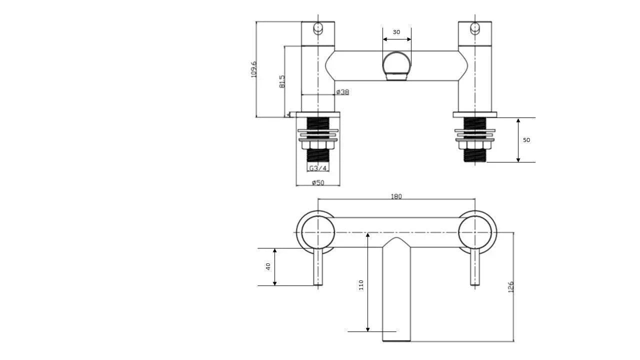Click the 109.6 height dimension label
[253, 69]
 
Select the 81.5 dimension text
[282, 81]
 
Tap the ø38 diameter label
[342, 92]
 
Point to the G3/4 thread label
[318, 168]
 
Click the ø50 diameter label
[318, 182]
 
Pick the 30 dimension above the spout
[396, 32]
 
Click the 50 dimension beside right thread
[526, 140]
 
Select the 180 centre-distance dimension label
[396, 196]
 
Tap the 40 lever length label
[268, 266]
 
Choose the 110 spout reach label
[361, 285]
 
